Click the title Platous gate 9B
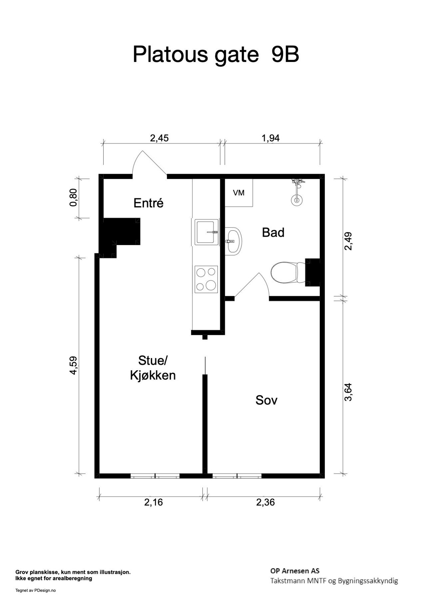(x=216, y=54)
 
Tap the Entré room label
(x=149, y=203)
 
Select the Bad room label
(x=273, y=232)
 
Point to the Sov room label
(x=266, y=400)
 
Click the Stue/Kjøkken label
(x=153, y=368)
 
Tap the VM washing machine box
(x=239, y=193)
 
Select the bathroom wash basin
(x=233, y=241)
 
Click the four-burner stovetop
(x=206, y=279)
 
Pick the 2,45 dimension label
(x=160, y=138)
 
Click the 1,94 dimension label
(x=270, y=138)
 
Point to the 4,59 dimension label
(x=73, y=366)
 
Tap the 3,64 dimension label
(x=348, y=392)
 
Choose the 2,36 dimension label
(x=265, y=502)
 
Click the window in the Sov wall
(x=237, y=476)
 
